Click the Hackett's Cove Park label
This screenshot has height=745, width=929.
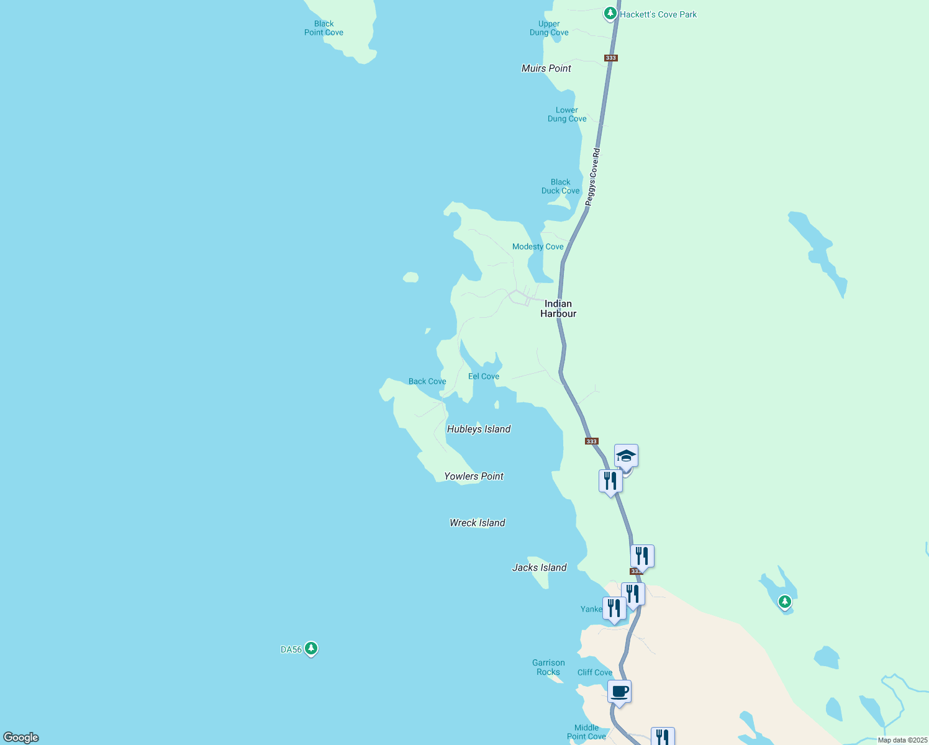[658, 14]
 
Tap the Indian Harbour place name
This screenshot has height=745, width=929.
[558, 309]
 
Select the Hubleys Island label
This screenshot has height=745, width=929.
[479, 429]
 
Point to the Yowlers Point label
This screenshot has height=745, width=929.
[474, 476]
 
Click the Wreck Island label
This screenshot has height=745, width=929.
[478, 523]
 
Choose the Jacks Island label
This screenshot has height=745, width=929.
[540, 567]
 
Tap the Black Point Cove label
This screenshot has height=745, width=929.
[324, 28]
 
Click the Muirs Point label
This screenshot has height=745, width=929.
[546, 68]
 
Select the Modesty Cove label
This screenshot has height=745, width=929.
[538, 246]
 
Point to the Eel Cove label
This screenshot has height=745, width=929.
[484, 376]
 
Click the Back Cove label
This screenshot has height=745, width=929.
[427, 381]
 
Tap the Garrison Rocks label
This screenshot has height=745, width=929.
[548, 667]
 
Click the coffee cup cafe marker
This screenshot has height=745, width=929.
[619, 691]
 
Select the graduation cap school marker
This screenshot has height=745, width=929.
[626, 456]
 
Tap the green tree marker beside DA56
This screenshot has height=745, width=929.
[311, 649]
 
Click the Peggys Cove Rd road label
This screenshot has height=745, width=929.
[592, 177]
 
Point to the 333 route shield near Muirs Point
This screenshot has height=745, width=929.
[610, 58]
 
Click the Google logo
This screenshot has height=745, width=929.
[21, 738]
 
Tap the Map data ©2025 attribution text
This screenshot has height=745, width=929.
[902, 740]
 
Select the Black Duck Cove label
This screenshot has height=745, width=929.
[560, 186]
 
